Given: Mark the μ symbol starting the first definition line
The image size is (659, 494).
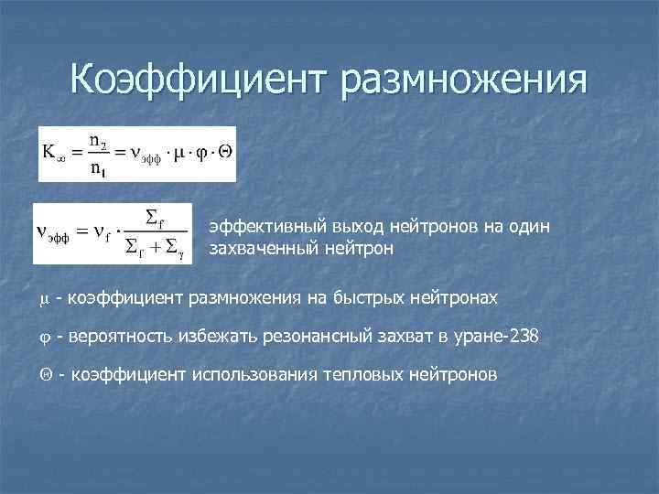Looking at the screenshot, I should (x=43, y=298).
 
